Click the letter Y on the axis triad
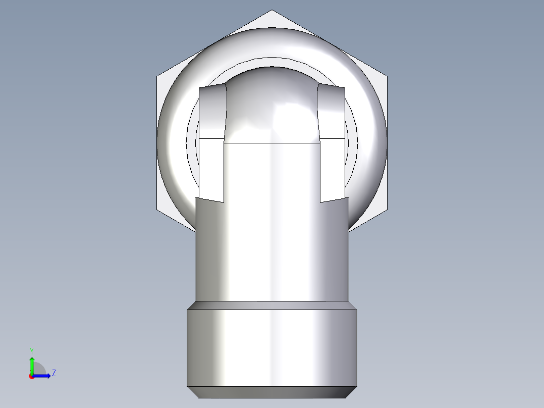click(31, 350)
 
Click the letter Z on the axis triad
click(53, 373)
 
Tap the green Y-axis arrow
click(31, 364)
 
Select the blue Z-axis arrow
click(43, 376)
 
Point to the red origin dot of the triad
click(31, 376)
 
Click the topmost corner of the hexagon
click(272, 10)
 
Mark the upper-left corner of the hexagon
click(157, 77)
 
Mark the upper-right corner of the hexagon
click(387, 77)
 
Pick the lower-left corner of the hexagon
click(157, 210)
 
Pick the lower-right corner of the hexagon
click(387, 210)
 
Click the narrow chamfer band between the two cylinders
click(272, 305)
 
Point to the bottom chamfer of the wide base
click(272, 392)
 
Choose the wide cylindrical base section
click(272, 348)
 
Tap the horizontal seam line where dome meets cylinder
click(272, 143)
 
